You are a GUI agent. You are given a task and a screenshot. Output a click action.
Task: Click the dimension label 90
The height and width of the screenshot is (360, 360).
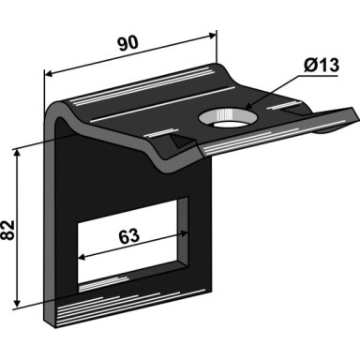[x=127, y=43]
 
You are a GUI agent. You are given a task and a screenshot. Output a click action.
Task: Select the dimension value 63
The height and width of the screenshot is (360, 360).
[x=128, y=236]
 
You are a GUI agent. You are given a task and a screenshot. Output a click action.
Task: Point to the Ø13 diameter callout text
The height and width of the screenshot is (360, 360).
[x=322, y=66]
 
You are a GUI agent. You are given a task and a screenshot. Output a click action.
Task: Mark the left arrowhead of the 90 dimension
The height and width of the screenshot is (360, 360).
[x=50, y=74]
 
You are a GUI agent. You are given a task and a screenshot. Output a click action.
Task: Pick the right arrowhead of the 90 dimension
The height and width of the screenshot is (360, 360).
[x=212, y=36]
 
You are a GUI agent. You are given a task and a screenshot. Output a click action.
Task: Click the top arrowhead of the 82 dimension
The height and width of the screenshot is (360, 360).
[x=17, y=153]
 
